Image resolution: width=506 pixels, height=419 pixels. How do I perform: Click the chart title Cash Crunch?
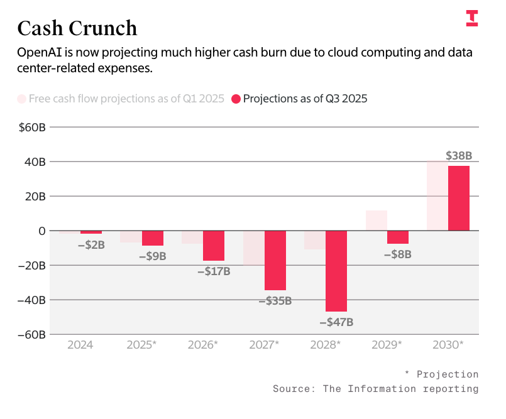point(77,28)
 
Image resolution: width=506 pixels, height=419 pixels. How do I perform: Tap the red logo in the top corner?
point(471,18)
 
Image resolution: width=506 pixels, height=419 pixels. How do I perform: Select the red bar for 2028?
point(336,271)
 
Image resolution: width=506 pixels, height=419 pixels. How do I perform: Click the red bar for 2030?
point(459,198)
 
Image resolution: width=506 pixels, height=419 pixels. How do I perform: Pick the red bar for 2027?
point(275,260)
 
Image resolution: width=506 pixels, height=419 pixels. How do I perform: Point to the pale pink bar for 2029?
point(376,220)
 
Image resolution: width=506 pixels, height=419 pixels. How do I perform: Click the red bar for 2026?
point(214,246)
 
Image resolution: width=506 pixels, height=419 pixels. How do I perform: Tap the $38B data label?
point(458,155)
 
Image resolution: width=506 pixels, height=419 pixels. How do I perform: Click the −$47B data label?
point(336,322)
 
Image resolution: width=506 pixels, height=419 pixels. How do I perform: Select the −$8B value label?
point(397,254)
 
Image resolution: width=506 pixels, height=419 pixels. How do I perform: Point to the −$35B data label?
point(275,301)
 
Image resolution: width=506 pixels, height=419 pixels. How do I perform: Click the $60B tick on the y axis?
point(31,128)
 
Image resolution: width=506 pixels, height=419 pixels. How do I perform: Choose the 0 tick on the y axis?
point(41,231)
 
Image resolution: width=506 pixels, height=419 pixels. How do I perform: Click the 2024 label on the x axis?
point(80,345)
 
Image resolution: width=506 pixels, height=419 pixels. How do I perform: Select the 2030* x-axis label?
point(449,345)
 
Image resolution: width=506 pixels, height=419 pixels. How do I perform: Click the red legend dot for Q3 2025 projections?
point(236,99)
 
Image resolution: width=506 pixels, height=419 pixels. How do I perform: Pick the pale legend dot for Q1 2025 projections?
point(21,99)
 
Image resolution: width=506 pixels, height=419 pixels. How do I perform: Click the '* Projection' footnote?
point(441,374)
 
